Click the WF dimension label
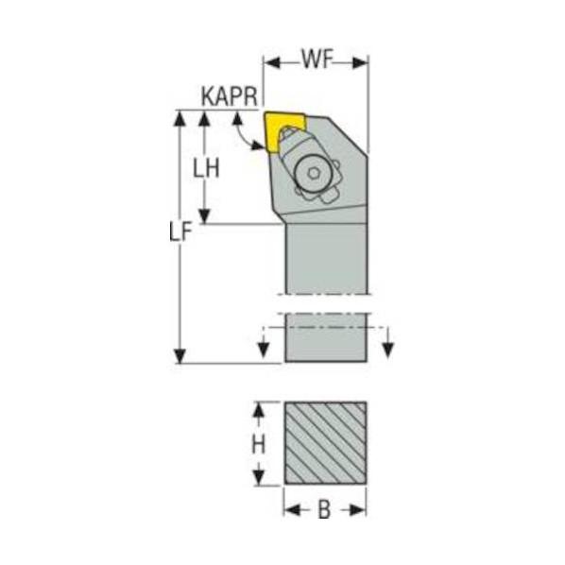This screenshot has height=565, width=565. (317, 60)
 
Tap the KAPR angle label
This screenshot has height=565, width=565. (230, 96)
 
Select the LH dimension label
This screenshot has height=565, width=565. (206, 168)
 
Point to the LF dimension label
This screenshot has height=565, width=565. (180, 231)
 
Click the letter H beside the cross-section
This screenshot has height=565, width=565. (258, 444)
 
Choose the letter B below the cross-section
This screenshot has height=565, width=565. (324, 510)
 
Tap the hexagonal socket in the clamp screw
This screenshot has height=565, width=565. (314, 174)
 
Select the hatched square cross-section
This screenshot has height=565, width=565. (326, 443)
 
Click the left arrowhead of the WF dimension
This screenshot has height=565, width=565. (272, 62)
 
